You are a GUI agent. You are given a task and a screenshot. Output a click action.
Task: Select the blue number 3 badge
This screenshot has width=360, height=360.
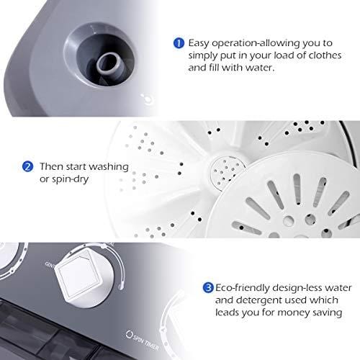pos(207,287)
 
